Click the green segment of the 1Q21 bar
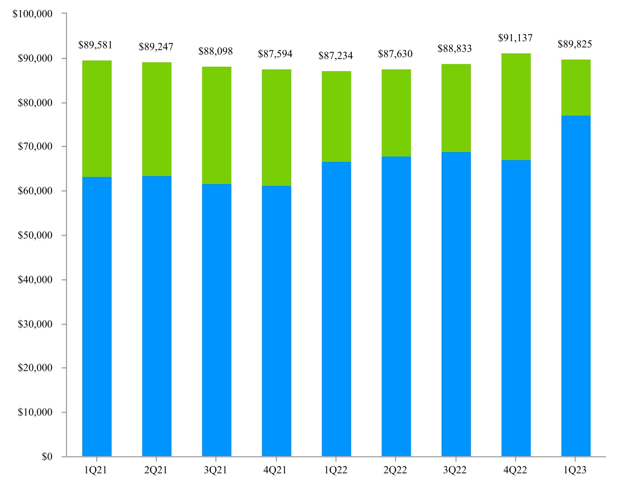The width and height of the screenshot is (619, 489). [x=97, y=119]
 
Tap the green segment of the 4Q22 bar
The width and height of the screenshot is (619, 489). [x=516, y=107]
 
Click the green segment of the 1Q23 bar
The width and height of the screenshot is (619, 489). [x=576, y=88]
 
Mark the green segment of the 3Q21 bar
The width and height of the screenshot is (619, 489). [x=217, y=125]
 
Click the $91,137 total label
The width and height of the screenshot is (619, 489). [x=515, y=38]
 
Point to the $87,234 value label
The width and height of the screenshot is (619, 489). [x=335, y=56]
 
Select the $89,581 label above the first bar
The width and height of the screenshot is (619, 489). [x=95, y=45]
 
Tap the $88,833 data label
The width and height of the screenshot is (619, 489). [x=454, y=48]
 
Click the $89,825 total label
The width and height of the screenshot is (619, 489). [x=575, y=44]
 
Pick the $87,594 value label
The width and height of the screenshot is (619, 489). [x=275, y=54]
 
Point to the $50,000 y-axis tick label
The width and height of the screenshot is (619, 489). [x=35, y=235]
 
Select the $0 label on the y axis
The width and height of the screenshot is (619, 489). [x=47, y=457]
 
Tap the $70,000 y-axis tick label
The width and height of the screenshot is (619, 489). [x=35, y=146]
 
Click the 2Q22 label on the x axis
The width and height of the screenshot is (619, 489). [x=395, y=470]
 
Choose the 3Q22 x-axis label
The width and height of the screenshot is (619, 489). [x=455, y=470]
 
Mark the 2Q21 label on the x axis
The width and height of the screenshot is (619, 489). [x=156, y=470]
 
